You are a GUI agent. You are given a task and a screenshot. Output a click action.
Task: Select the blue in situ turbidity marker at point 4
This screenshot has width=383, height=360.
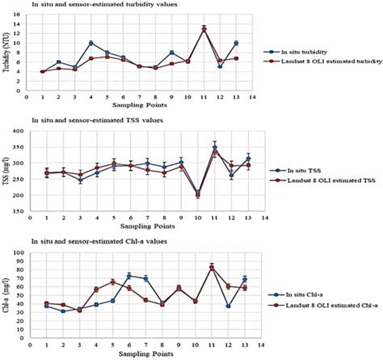90,43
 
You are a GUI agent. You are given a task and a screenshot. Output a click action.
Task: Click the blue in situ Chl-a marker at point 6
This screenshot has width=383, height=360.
129,276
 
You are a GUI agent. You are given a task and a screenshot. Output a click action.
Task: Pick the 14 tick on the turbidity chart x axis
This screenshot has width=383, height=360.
252,97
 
